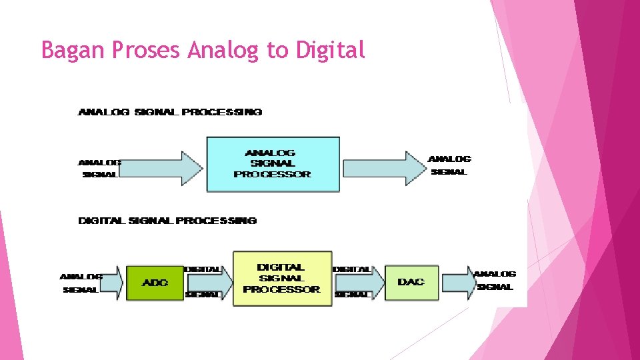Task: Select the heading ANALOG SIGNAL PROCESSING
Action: pos(170,112)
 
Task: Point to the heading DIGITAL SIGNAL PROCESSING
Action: pos(167,221)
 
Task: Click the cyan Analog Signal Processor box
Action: pos(273,164)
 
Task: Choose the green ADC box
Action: pos(155,283)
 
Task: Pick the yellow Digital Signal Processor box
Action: pos(281,278)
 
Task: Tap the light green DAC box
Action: pos(411,282)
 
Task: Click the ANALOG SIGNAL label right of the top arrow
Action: pos(449,165)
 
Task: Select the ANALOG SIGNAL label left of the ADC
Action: pos(81,283)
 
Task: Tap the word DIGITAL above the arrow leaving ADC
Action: pos(203,269)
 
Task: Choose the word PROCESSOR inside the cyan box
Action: pos(272,175)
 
